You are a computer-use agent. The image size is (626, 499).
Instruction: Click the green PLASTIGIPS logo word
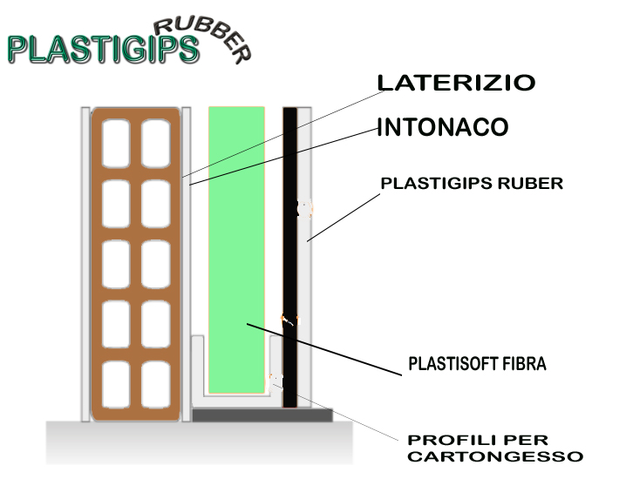pyautogui.click(x=103, y=49)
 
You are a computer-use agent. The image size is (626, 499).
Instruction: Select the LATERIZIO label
pyautogui.click(x=456, y=83)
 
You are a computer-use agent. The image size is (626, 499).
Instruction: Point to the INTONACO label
pyautogui.click(x=442, y=127)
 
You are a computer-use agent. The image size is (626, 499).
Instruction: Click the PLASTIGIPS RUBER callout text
pyautogui.click(x=472, y=184)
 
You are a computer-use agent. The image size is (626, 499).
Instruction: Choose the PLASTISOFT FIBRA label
pyautogui.click(x=477, y=364)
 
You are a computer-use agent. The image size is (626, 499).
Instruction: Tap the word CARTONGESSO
pyautogui.click(x=495, y=456)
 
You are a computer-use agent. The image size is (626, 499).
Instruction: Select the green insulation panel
pyautogui.click(x=236, y=250)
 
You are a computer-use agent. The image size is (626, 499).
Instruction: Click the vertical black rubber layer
pyautogui.click(x=289, y=257)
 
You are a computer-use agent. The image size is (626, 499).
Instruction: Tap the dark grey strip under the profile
pyautogui.click(x=262, y=415)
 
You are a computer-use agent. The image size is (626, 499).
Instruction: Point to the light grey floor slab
pyautogui.click(x=199, y=442)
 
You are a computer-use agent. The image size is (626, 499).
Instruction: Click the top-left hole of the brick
pyautogui.click(x=116, y=144)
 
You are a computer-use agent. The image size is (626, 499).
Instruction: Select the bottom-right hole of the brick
pyautogui.click(x=156, y=385)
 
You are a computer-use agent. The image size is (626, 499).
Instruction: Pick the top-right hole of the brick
pyautogui.click(x=156, y=144)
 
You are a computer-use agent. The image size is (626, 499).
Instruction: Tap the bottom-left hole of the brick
pyautogui.click(x=116, y=385)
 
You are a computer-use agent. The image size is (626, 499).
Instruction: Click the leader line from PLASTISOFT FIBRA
pyautogui.click(x=324, y=349)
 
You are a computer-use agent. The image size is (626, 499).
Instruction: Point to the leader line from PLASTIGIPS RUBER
pyautogui.click(x=344, y=218)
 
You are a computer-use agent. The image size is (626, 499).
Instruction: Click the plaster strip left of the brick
pyautogui.click(x=85, y=264)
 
